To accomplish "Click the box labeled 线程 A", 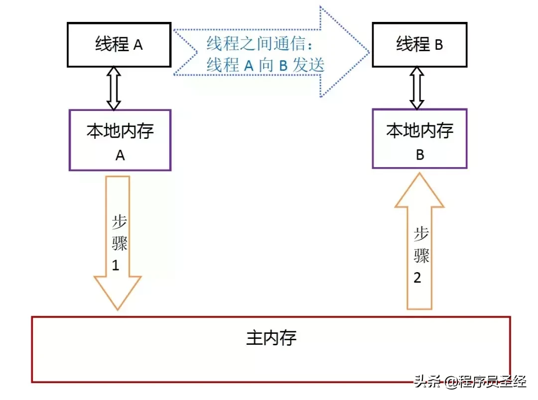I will [120, 45].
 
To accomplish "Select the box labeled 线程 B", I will [419, 45].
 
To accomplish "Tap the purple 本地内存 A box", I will [120, 140].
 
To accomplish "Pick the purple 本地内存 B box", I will [419, 139].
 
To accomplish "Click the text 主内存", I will [271, 338].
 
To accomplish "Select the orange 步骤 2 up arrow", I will [419, 241].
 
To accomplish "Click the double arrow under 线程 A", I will [114, 88].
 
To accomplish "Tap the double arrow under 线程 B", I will [416, 88].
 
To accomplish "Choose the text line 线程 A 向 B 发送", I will [266, 65].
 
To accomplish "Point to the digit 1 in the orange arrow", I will [116, 266].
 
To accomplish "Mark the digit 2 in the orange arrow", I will [417, 277].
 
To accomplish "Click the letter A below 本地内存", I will [120, 155].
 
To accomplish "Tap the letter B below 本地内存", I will [420, 155].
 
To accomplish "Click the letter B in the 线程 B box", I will [438, 45].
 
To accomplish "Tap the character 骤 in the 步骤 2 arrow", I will [421, 256].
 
